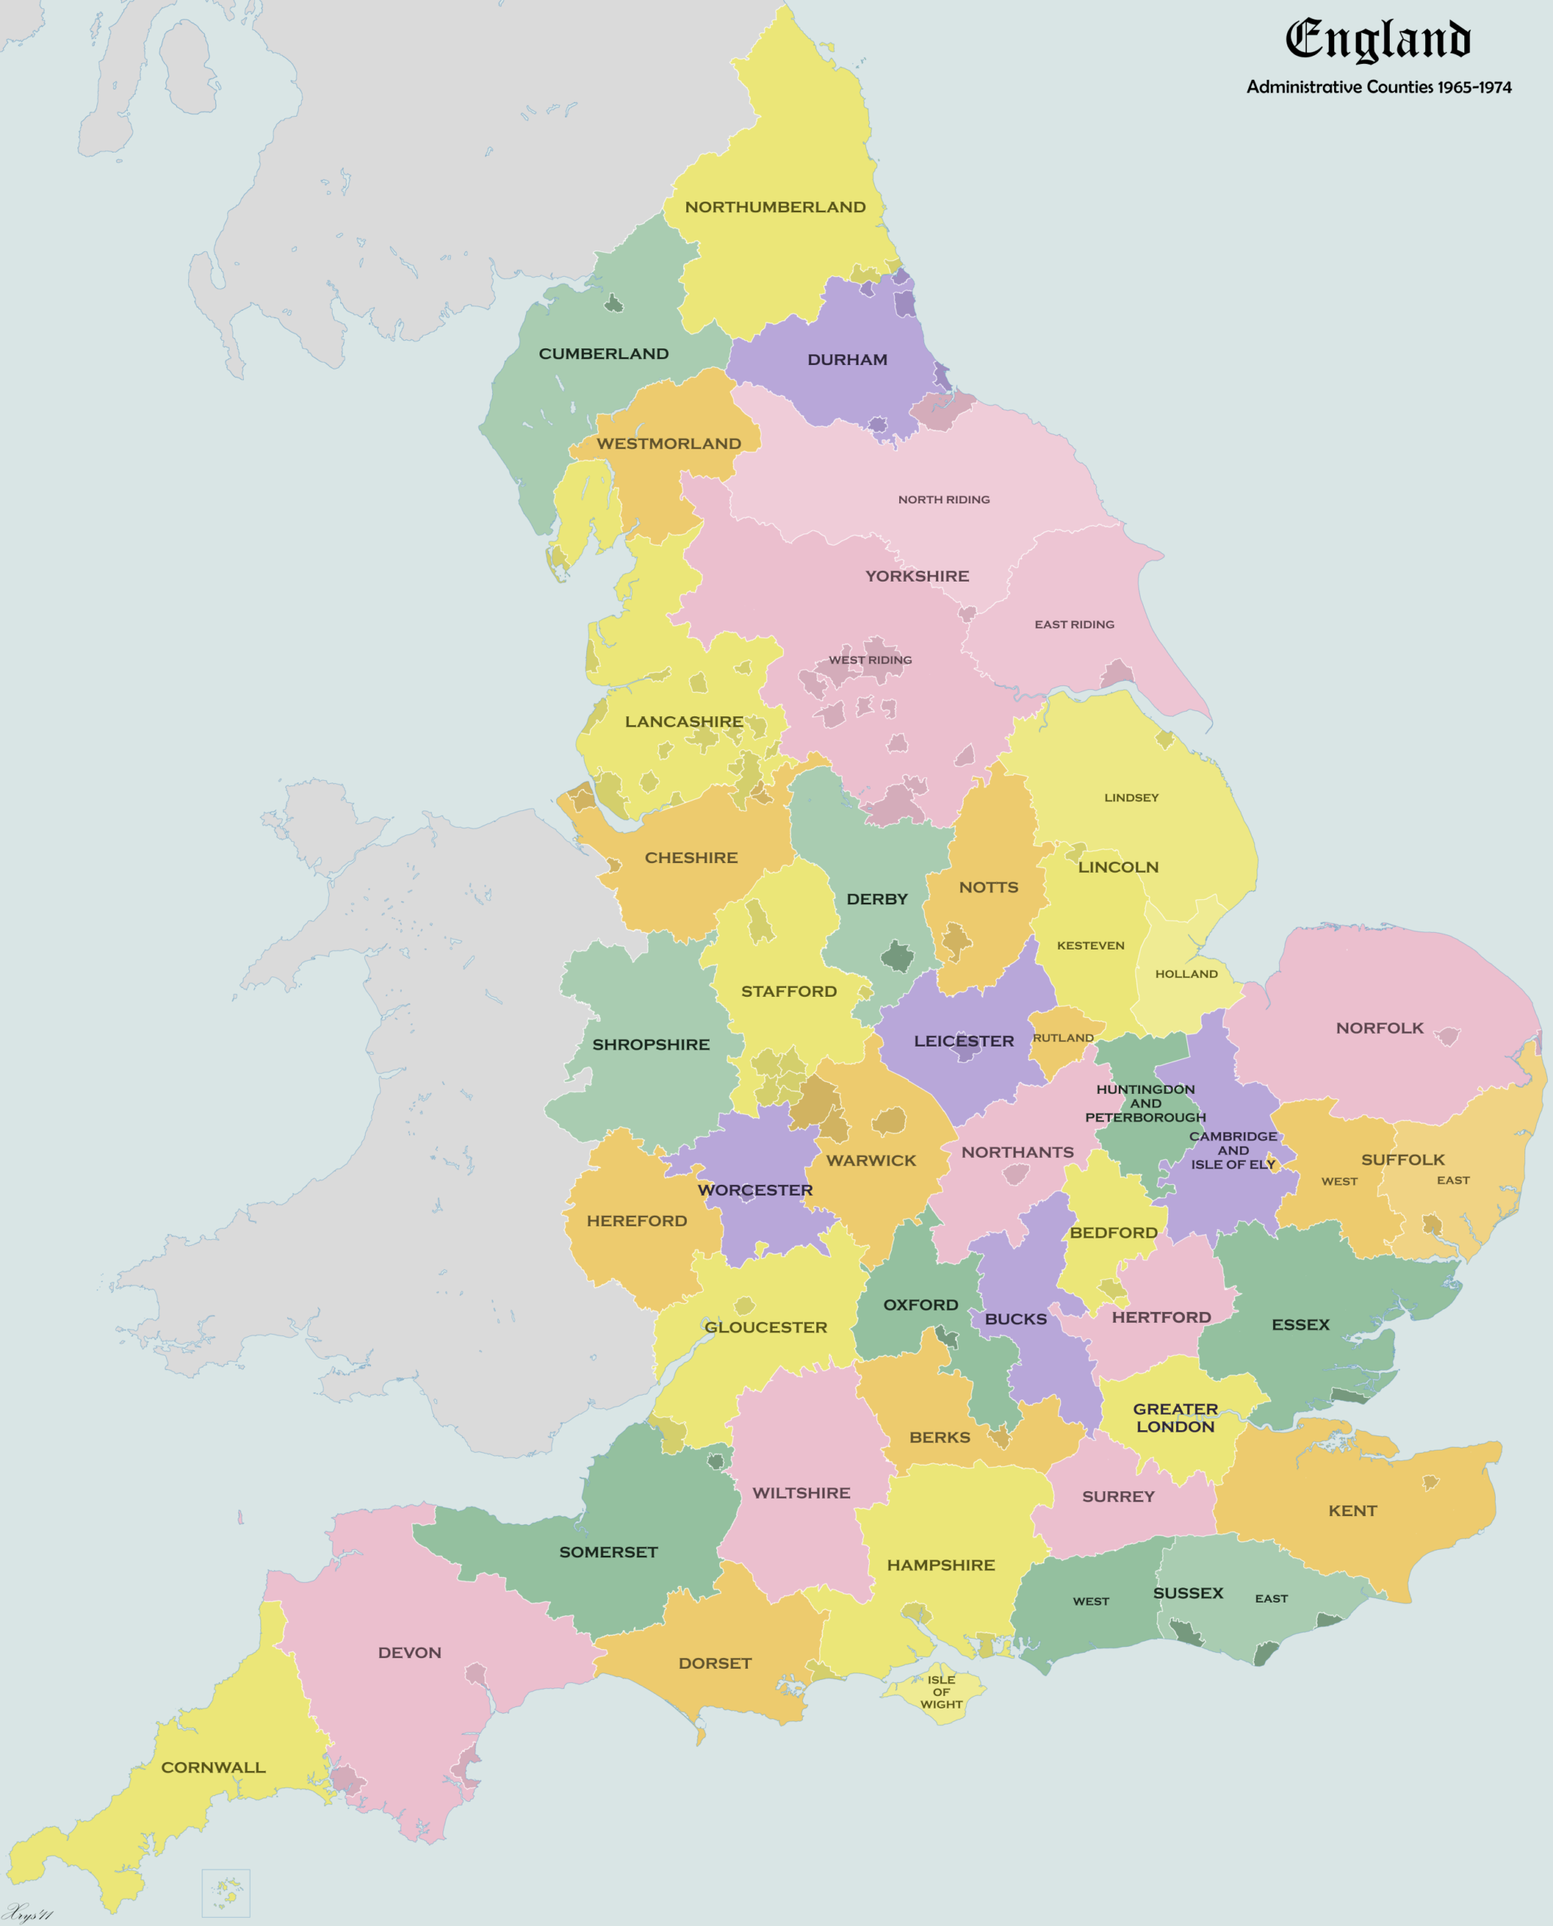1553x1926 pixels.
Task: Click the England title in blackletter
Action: click(x=1378, y=41)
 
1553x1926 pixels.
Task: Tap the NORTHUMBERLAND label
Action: click(x=775, y=208)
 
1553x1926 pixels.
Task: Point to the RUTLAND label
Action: click(x=1062, y=1037)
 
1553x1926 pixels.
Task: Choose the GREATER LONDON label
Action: click(x=1175, y=1418)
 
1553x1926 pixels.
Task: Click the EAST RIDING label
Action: click(x=1074, y=624)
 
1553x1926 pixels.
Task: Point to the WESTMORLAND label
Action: click(x=668, y=444)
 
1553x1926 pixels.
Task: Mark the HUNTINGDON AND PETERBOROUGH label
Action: click(x=1145, y=1103)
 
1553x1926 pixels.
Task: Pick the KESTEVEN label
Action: click(x=1090, y=946)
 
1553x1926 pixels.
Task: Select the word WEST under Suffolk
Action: click(x=1339, y=1182)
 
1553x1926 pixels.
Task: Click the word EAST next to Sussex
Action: click(x=1270, y=1599)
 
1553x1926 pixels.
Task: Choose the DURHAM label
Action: click(x=846, y=360)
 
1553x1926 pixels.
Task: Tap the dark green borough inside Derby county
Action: click(x=898, y=956)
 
